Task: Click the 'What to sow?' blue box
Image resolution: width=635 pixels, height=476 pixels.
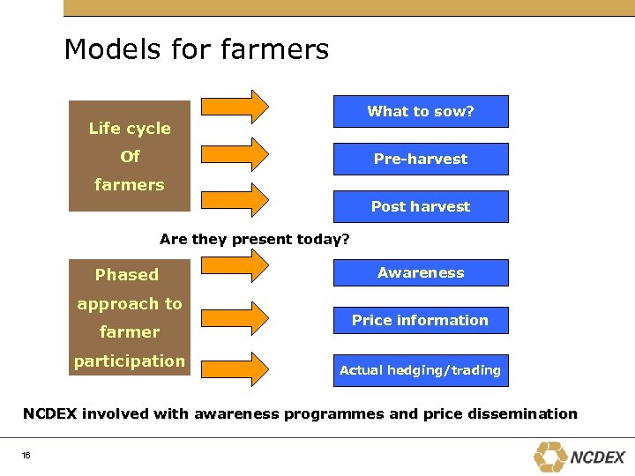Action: [x=421, y=112]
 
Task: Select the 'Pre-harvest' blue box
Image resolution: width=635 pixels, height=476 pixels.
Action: [x=421, y=160]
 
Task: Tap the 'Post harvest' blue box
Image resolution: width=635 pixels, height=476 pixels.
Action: [x=421, y=207]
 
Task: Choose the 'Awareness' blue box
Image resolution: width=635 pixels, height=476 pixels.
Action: [x=421, y=273]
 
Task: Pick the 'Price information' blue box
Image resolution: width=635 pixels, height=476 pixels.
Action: [x=421, y=321]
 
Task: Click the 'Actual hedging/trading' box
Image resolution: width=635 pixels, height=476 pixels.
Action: [x=421, y=370]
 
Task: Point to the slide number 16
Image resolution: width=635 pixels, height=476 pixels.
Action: [x=26, y=456]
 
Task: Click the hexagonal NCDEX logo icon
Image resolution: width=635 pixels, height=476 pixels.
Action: [x=550, y=456]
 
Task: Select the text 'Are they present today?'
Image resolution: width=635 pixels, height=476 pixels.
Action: [x=255, y=240]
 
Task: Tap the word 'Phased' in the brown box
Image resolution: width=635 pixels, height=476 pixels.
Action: [x=127, y=275]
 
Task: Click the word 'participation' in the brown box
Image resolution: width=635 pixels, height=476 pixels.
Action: [x=130, y=361]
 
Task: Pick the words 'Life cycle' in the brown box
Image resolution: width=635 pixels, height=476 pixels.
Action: [x=130, y=129]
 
